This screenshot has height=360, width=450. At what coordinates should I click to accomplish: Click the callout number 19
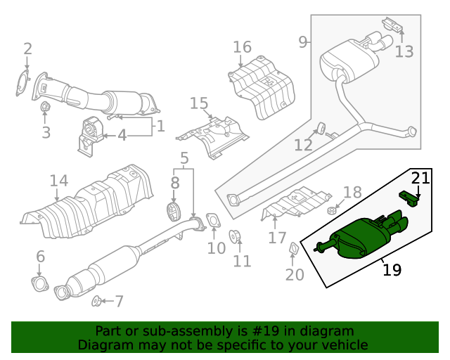point(392,269)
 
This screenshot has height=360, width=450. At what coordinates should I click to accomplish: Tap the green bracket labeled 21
point(409,199)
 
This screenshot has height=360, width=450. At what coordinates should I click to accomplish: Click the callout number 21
point(420,178)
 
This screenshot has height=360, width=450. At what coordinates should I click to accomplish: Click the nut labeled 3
point(44,108)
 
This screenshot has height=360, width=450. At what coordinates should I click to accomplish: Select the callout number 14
point(59,181)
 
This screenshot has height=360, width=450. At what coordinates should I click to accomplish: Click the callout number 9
point(303,42)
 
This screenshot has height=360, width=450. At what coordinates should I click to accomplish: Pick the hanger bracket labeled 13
point(393,26)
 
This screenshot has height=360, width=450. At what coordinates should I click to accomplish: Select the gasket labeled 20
point(293,249)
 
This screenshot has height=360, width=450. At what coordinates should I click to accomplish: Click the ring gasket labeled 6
point(39,284)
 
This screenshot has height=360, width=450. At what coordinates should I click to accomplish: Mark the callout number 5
point(184,159)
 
